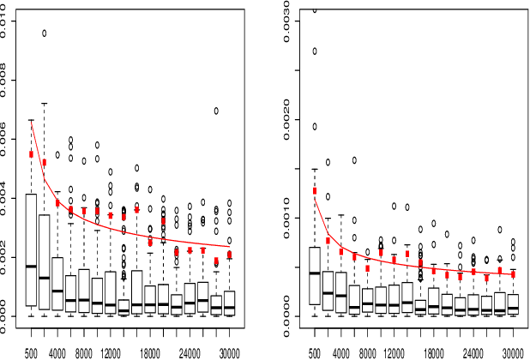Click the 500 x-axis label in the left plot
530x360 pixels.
click(x=32, y=352)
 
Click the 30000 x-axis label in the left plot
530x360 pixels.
click(x=229, y=352)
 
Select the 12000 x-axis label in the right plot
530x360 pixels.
click(x=394, y=352)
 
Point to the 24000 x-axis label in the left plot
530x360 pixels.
click(x=190, y=352)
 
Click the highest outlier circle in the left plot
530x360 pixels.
click(x=45, y=33)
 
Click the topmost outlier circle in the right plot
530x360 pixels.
click(x=314, y=9)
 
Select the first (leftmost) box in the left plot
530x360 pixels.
click(x=32, y=249)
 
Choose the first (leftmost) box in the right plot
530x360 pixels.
click(x=314, y=275)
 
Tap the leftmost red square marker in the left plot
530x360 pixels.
click(x=32, y=154)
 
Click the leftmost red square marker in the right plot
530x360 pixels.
click(x=314, y=191)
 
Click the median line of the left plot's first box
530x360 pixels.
click(x=32, y=266)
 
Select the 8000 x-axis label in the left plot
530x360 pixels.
click(x=84, y=352)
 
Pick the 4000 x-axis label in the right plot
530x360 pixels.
click(x=341, y=352)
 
